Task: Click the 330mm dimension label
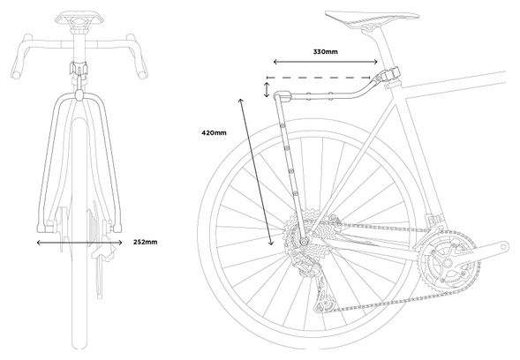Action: tap(326, 52)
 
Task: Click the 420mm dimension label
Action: tap(214, 133)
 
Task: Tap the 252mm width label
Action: tap(146, 242)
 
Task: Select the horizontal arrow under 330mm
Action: tap(326, 62)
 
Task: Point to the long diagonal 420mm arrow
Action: tap(256, 172)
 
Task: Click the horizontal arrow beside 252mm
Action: tap(79, 243)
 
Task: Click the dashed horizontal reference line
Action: tap(319, 78)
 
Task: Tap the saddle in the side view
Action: tap(372, 18)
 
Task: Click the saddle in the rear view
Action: tap(79, 18)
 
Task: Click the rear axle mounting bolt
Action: tap(304, 242)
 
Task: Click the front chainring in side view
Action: tap(448, 263)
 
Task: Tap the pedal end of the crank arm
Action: tap(504, 246)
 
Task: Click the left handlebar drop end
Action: tap(16, 73)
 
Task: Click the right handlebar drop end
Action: tap(143, 73)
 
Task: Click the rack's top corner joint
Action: tap(283, 97)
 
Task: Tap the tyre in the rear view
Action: tap(79, 232)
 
